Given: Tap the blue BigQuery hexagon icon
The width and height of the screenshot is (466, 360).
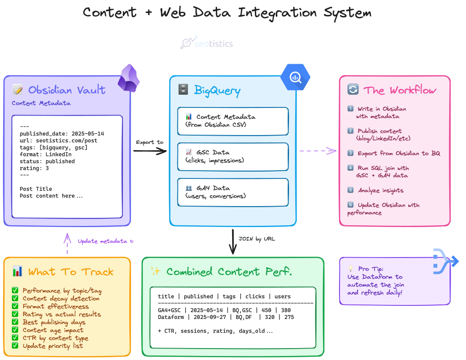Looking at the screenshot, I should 295,77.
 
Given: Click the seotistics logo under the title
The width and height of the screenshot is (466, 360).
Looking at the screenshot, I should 207,43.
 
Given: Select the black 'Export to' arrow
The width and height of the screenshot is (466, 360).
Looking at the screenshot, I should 150,151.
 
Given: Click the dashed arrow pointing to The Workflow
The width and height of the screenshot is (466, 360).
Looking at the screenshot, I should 318,151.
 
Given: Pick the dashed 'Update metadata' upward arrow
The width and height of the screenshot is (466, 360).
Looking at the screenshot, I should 67,244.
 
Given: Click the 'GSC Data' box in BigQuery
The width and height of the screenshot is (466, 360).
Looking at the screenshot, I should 233,156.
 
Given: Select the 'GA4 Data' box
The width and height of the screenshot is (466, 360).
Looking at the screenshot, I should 233,192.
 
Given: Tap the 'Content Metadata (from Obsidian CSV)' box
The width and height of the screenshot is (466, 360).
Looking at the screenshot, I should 233,121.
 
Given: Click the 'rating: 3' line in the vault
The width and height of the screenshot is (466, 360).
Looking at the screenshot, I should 34,168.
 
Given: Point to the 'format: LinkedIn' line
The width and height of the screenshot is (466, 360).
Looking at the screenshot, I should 46,154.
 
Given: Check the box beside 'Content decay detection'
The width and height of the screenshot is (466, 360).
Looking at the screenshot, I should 15,299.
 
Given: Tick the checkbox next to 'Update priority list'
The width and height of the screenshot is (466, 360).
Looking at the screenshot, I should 15,346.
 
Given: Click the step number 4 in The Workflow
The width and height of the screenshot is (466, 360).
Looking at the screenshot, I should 350,168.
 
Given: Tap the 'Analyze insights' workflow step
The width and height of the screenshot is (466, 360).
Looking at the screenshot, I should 380,190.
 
